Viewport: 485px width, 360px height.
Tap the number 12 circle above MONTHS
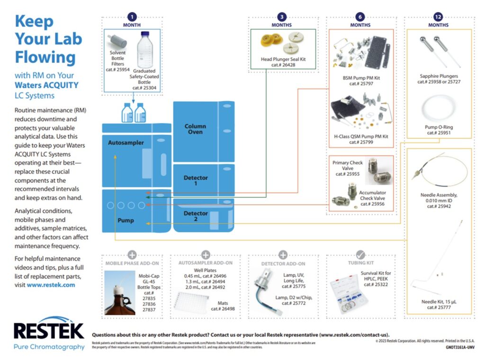coord(438,17)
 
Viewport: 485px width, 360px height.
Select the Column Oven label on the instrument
coord(195,129)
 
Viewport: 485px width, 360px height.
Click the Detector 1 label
coord(196,180)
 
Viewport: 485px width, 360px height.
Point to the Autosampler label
coord(126,143)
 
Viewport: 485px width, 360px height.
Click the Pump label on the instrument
coord(126,220)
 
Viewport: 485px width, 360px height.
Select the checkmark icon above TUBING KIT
coord(360,254)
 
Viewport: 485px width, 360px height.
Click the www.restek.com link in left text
coord(51,285)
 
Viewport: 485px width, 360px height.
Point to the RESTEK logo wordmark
coord(49,331)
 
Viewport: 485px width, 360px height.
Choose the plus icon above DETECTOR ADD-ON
coord(283,254)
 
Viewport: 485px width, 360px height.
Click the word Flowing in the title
coord(45,57)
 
